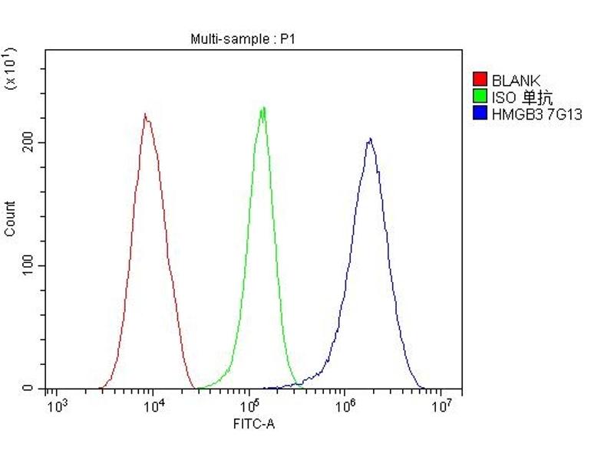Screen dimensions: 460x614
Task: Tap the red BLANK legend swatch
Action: [x=480, y=80]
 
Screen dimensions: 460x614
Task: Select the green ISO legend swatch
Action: [x=480, y=97]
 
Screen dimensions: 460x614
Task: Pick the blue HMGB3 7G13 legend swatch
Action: [x=480, y=113]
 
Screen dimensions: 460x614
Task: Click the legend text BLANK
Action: [x=516, y=80]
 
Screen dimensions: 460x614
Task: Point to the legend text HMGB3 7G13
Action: [x=536, y=113]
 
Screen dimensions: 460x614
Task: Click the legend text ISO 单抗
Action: [x=522, y=97]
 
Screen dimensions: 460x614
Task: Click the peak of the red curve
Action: [x=144, y=114]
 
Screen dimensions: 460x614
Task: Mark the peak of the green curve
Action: [x=263, y=107]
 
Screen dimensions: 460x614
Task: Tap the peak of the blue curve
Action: [x=370, y=139]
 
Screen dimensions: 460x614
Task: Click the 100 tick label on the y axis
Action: [x=30, y=265]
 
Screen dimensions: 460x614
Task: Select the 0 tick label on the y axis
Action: [x=28, y=389]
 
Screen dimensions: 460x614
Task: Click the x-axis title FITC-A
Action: [x=253, y=422]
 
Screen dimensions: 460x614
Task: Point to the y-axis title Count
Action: [x=10, y=219]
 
